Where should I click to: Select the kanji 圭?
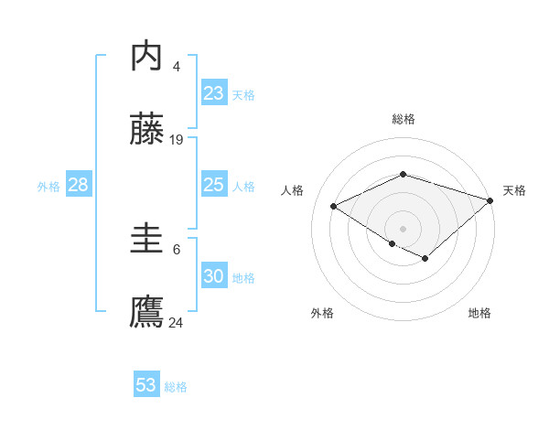[147, 241]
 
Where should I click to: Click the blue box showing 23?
[214, 93]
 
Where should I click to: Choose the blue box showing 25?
[214, 185]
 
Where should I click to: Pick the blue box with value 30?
[214, 276]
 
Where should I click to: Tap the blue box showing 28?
[79, 185]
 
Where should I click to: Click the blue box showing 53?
[146, 385]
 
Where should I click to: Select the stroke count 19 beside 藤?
[177, 140]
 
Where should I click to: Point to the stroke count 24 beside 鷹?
[177, 322]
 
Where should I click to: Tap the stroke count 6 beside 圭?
[176, 249]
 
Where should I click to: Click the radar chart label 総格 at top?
[403, 119]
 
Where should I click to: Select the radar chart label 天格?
[514, 190]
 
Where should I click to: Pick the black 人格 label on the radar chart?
[293, 190]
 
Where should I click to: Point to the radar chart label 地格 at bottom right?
[479, 313]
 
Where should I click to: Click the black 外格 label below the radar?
[322, 313]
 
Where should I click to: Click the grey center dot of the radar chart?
[403, 228]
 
